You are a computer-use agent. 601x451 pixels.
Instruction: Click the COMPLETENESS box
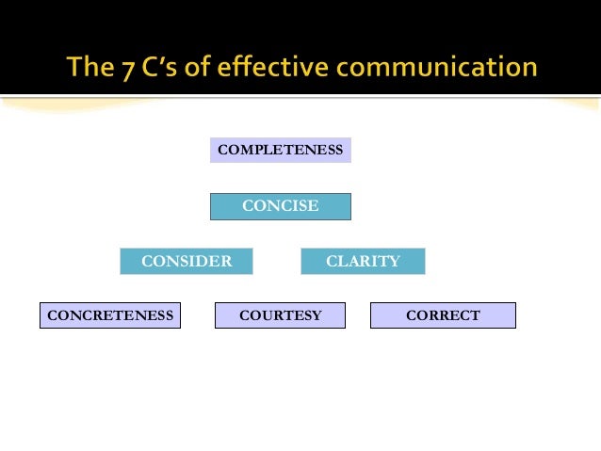[x=281, y=150]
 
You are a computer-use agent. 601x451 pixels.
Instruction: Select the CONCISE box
[x=281, y=206]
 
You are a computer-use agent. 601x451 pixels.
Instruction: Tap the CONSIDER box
[x=187, y=261]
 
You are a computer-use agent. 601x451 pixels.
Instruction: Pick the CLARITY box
[x=363, y=261]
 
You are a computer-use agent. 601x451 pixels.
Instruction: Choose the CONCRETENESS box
[x=110, y=315]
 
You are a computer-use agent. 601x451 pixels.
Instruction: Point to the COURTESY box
[x=281, y=315]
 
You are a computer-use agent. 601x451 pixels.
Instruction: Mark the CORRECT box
[x=443, y=315]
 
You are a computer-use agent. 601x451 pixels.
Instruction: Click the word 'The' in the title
[x=89, y=69]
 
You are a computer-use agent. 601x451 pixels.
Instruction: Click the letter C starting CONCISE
[x=248, y=206]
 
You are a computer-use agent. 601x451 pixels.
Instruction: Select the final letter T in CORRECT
[x=476, y=315]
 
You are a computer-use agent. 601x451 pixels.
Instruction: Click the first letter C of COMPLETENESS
[x=222, y=150]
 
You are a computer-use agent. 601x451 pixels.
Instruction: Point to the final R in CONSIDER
[x=226, y=261]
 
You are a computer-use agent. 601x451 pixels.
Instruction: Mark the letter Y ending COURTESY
[x=317, y=315]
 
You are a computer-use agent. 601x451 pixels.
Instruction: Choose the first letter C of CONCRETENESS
[x=52, y=315]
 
